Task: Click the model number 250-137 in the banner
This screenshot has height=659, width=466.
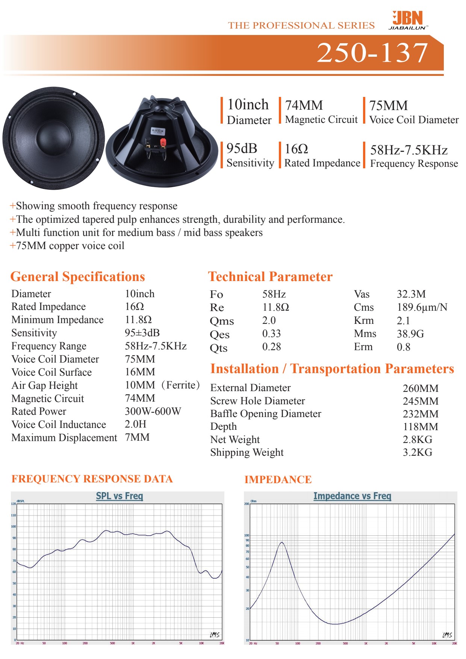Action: click(x=372, y=52)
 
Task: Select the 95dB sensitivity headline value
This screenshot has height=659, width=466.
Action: click(x=242, y=149)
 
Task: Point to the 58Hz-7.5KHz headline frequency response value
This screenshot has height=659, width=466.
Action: click(x=409, y=150)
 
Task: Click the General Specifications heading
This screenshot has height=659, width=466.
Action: click(x=77, y=277)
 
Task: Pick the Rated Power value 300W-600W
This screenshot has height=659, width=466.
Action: click(x=153, y=411)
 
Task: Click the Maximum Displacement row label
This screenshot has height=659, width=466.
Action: click(x=64, y=438)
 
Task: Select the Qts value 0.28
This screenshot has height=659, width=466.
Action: click(x=271, y=347)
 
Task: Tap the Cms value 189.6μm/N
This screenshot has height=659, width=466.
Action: click(x=422, y=307)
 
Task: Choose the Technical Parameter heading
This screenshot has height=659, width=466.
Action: click(x=270, y=277)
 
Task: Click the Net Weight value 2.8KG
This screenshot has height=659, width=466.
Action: click(x=417, y=440)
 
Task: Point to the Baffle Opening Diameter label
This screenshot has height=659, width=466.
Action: click(x=266, y=414)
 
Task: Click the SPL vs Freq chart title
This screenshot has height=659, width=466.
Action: click(x=120, y=496)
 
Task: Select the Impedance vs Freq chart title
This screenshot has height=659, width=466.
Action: click(x=352, y=496)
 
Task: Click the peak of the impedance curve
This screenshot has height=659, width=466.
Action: click(x=281, y=542)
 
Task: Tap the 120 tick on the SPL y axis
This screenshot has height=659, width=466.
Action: click(x=14, y=504)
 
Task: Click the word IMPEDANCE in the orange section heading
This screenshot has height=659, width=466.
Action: click(x=278, y=479)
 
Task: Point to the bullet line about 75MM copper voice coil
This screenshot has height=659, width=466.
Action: click(x=67, y=246)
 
